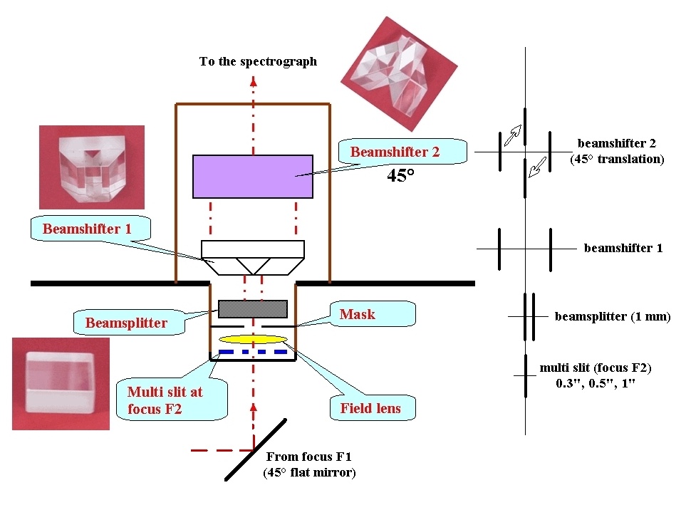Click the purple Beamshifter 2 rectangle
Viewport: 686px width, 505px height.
253,176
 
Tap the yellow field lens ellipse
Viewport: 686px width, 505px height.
254,338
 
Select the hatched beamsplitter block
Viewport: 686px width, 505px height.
252,308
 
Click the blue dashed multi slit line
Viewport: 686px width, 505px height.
254,351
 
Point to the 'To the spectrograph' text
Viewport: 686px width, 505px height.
258,62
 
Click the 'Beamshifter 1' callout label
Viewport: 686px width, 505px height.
87,229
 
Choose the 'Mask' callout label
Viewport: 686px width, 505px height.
357,314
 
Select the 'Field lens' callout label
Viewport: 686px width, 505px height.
370,408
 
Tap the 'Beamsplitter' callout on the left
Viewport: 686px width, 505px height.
126,323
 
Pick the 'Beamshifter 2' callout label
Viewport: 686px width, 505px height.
395,152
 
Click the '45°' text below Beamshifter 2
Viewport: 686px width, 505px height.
400,175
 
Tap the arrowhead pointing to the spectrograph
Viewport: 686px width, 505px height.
253,80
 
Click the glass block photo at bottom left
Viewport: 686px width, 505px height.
61,384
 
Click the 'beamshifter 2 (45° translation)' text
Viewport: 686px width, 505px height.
617,152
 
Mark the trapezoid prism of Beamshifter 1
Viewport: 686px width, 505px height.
253,265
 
